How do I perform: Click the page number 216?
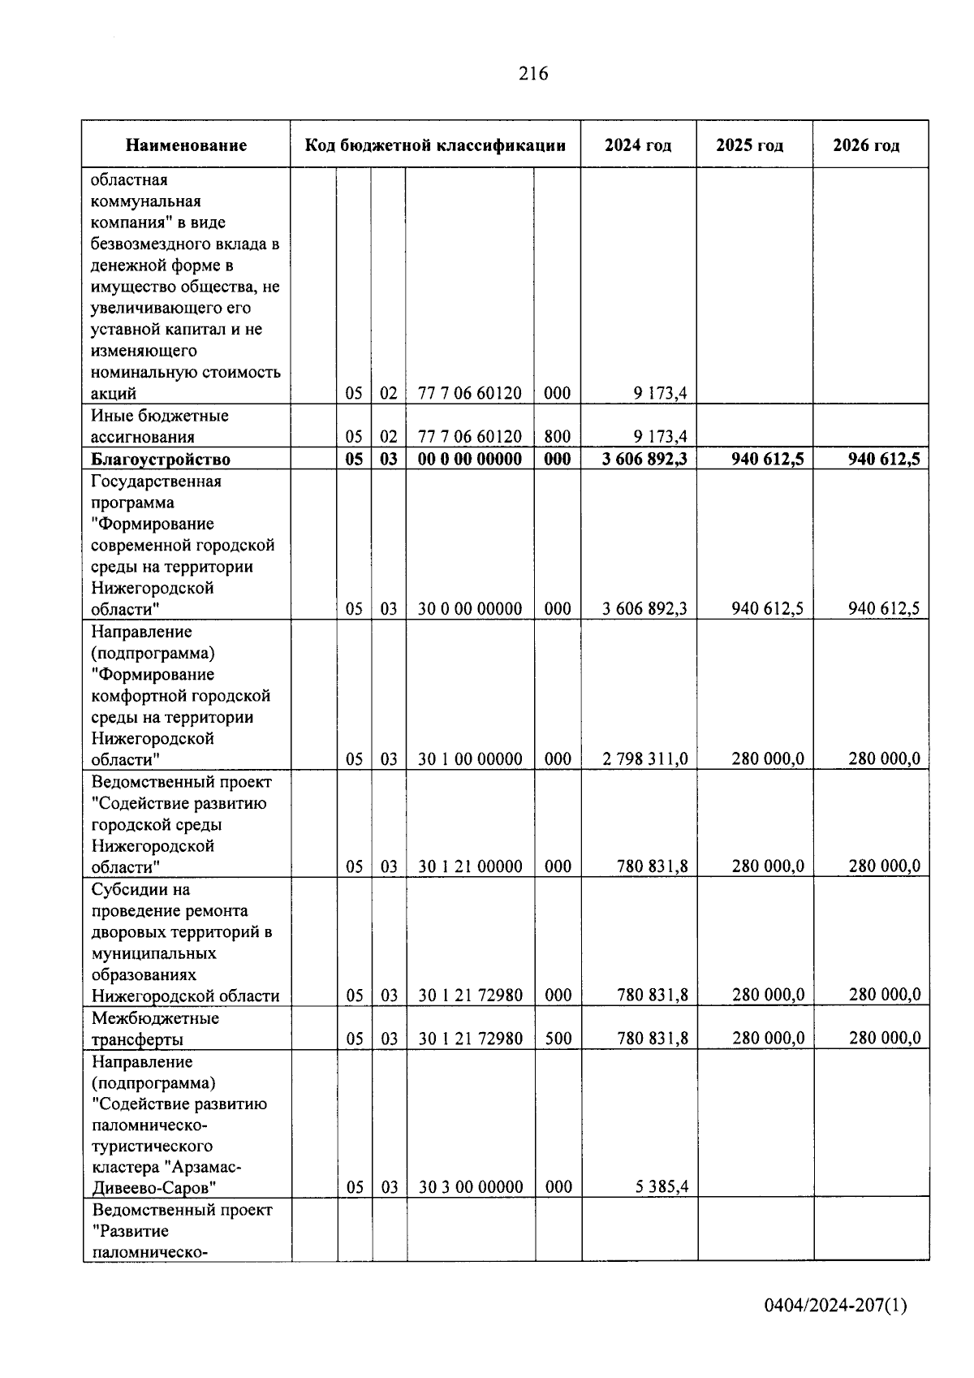pyautogui.click(x=533, y=74)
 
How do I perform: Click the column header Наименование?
pyautogui.click(x=186, y=145)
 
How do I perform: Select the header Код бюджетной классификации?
pyautogui.click(x=435, y=145)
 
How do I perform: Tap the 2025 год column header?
pyautogui.click(x=749, y=145)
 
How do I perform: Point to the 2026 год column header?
pyautogui.click(x=866, y=145)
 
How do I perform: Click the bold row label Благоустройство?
pyautogui.click(x=161, y=460)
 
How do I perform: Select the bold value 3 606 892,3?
pyautogui.click(x=644, y=459)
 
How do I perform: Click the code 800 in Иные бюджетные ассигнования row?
pyautogui.click(x=557, y=437)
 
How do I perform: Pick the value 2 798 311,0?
pyautogui.click(x=644, y=759)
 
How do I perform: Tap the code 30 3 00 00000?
pyautogui.click(x=471, y=1187)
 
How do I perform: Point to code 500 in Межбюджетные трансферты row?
pyautogui.click(x=558, y=1039)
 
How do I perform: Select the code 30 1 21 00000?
pyautogui.click(x=470, y=866)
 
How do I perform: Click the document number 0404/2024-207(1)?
pyautogui.click(x=835, y=1306)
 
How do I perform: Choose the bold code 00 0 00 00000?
pyautogui.click(x=470, y=459)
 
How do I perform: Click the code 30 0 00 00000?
pyautogui.click(x=470, y=609)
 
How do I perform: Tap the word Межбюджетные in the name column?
pyautogui.click(x=155, y=1018)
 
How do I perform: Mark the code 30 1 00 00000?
pyautogui.click(x=470, y=759)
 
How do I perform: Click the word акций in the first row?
pyautogui.click(x=114, y=394)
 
